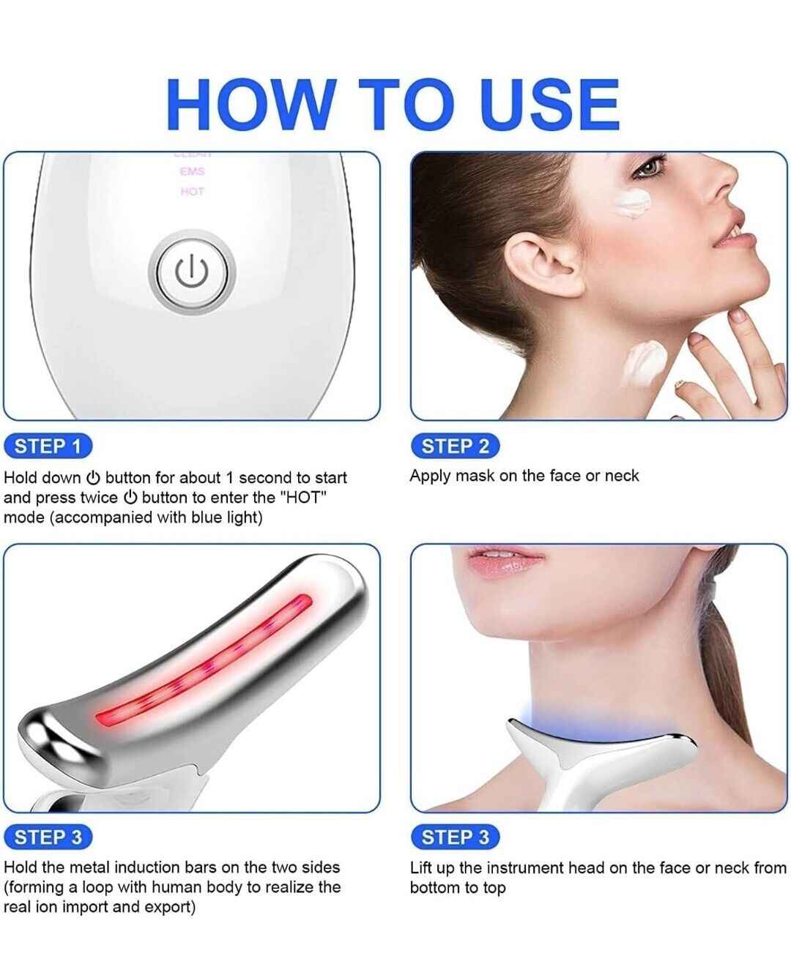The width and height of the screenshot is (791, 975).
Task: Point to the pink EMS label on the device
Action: click(192, 172)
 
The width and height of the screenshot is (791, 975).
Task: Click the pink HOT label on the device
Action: click(192, 192)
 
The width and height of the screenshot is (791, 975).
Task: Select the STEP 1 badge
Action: click(48, 446)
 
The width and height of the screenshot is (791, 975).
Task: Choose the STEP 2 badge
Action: click(455, 446)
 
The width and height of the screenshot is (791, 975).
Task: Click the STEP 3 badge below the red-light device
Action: click(48, 837)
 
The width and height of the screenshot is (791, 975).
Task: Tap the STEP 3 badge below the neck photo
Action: click(455, 837)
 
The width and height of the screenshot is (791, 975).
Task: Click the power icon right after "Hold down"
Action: click(93, 478)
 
